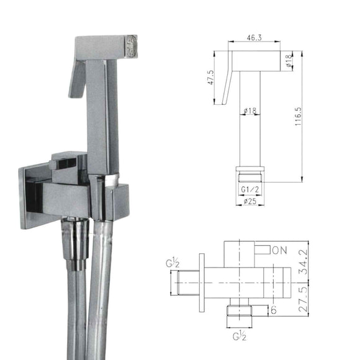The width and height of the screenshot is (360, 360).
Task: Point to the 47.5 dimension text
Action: pyautogui.click(x=210, y=78)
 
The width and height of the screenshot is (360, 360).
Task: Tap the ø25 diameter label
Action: pyautogui.click(x=251, y=200)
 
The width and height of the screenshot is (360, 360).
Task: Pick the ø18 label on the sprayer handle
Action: pyautogui.click(x=251, y=111)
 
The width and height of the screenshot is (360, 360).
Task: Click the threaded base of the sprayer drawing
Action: pyautogui.click(x=250, y=173)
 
